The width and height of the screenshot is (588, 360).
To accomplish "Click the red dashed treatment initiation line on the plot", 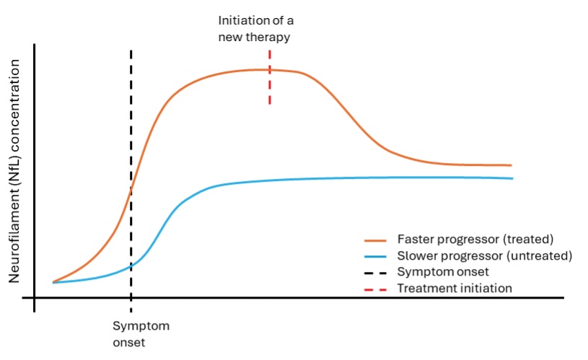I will [x=270, y=90].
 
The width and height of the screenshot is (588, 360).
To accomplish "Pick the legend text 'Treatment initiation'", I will [x=455, y=288].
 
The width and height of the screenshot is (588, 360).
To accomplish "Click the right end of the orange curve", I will [x=510, y=165].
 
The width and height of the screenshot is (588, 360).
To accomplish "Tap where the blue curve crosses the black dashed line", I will [x=131, y=266].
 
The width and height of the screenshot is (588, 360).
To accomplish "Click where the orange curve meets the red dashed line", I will [x=270, y=69].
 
